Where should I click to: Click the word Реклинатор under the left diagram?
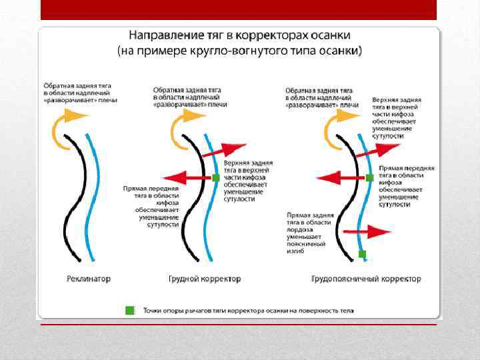coord(89,279)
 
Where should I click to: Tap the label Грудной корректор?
coord(205,279)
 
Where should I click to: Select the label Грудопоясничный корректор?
coord(367,279)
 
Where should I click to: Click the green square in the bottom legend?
coord(129,310)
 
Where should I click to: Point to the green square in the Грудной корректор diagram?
coord(215,178)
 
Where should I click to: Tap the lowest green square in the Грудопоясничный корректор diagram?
coord(362,254)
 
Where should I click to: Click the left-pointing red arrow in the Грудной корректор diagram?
coord(187,178)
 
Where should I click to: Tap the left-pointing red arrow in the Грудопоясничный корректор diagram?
coord(340,178)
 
